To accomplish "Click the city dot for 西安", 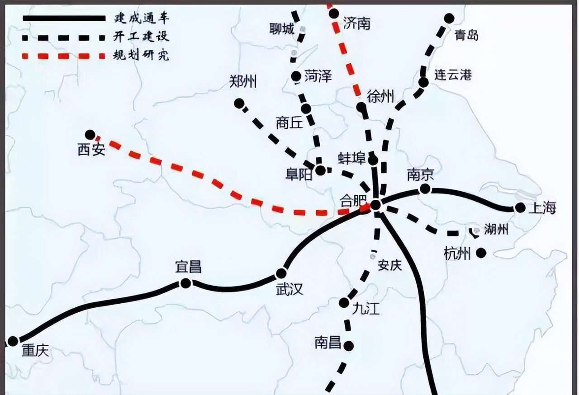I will click(90, 134).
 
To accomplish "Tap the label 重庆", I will click(35, 351).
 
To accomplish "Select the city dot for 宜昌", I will click(185, 283).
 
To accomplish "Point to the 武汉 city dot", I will click(281, 273).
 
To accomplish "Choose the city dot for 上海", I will click(520, 208).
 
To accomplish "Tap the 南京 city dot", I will click(425, 188).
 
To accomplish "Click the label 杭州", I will click(457, 254).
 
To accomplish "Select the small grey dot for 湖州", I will click(476, 230).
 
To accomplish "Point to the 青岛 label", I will click(466, 35).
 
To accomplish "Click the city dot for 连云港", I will click(423, 82).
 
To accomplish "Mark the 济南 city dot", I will click(334, 14).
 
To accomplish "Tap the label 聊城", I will click(281, 29).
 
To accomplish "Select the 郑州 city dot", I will click(238, 103).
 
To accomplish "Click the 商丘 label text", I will click(289, 123).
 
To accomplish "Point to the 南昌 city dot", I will click(348, 346).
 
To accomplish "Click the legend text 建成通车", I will click(142, 19).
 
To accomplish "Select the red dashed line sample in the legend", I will click(64, 56).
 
